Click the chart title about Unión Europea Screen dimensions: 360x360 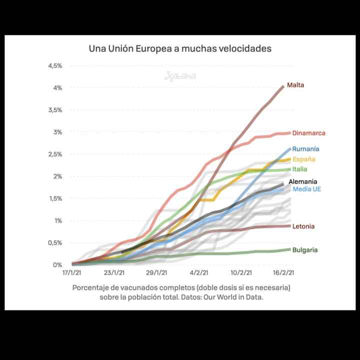click(180, 48)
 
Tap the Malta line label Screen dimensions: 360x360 click(295, 85)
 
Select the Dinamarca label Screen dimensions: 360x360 click(308, 133)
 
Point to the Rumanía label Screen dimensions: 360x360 click(305, 148)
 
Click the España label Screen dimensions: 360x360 click(303, 159)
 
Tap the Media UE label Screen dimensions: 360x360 click(306, 189)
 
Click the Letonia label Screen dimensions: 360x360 click(303, 226)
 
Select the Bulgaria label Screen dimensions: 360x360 click(305, 250)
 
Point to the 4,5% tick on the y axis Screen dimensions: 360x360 click(54, 66)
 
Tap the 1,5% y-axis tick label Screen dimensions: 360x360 click(54, 198)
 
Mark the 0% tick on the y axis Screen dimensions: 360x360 click(57, 265)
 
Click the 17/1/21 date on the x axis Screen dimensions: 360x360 click(72, 273)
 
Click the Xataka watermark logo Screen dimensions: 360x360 click(180, 76)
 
